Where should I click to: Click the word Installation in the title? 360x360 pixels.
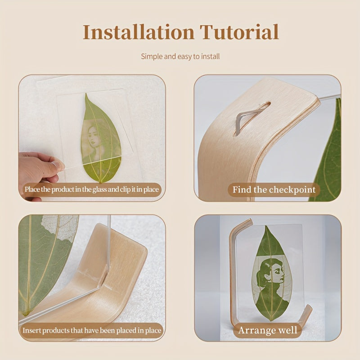[x=139, y=32]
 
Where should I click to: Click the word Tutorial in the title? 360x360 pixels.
[x=239, y=32]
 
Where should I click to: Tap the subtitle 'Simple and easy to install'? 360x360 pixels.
[x=180, y=57]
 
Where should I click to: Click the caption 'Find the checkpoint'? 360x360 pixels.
[x=274, y=189]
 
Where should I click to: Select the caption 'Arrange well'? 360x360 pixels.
[x=268, y=330]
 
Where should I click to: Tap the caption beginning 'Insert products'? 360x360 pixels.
[x=92, y=330]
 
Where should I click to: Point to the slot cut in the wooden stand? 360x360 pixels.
[x=252, y=118]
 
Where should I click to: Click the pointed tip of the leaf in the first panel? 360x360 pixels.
[x=86, y=94]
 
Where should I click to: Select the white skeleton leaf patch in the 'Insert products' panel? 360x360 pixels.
[x=60, y=227]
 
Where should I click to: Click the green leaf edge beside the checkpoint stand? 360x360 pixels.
[x=328, y=152]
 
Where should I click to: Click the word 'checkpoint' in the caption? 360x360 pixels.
[x=292, y=190]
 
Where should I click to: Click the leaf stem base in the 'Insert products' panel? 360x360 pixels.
[x=26, y=313]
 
